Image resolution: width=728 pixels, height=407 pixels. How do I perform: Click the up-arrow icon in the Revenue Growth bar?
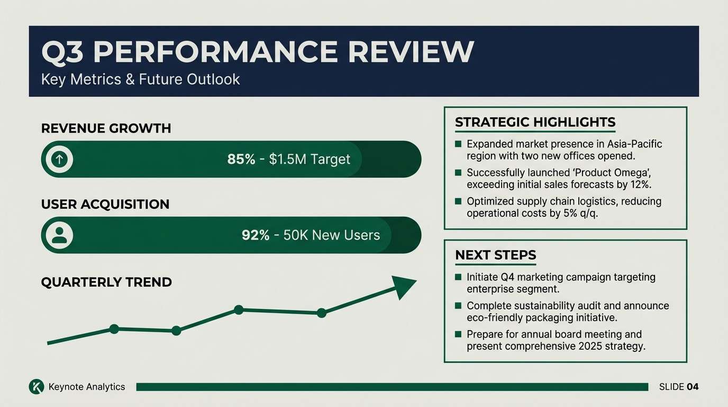tap(59, 159)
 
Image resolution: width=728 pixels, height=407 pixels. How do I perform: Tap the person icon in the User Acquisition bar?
tap(59, 235)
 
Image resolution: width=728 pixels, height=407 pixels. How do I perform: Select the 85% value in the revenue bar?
tap(241, 159)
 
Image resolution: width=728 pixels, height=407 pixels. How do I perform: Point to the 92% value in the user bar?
tap(256, 235)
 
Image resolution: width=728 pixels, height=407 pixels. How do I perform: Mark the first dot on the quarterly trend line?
tap(114, 329)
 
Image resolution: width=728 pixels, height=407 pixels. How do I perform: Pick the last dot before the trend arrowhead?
tap(322, 313)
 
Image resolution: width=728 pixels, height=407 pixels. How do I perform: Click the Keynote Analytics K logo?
tap(37, 387)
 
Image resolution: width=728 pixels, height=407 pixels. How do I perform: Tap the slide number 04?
tap(693, 387)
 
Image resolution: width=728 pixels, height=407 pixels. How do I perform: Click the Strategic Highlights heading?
tap(535, 122)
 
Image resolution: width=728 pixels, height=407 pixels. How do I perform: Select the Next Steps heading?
tap(496, 255)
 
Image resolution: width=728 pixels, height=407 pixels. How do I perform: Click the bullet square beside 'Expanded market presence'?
tap(458, 144)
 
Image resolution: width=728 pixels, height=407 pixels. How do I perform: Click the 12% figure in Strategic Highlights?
tap(641, 184)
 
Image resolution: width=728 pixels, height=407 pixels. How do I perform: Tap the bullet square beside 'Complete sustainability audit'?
tap(458, 306)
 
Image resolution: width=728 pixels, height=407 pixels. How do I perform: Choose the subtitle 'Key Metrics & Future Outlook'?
tap(140, 79)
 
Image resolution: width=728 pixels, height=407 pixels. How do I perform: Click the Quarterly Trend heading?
tap(106, 282)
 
